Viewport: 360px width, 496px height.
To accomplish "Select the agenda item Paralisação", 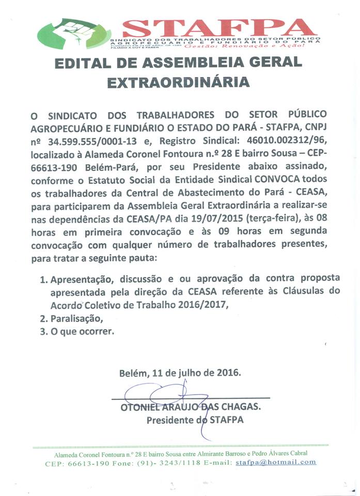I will click(x=73, y=318).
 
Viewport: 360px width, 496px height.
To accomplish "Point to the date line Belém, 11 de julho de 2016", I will click(x=180, y=372).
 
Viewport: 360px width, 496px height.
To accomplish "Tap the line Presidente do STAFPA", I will click(x=195, y=420).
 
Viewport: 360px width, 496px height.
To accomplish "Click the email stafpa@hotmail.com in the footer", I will click(x=276, y=462).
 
